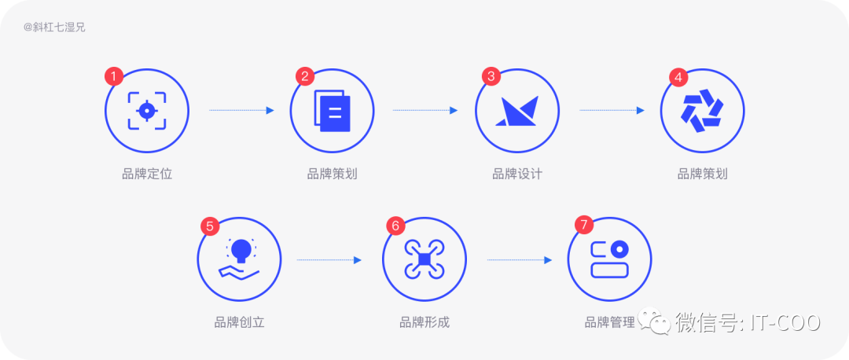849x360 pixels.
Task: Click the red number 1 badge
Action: point(115,76)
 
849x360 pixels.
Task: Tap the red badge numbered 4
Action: point(678,76)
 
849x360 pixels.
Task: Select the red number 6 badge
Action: point(395,226)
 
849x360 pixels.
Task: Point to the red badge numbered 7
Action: point(583,226)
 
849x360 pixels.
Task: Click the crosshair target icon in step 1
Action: point(147,110)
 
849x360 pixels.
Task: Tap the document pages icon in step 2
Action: point(332,110)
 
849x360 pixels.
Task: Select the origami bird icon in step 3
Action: point(517,111)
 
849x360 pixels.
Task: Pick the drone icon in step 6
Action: point(424,259)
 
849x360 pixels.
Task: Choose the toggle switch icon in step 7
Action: point(610,259)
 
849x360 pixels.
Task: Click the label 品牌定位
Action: point(147,174)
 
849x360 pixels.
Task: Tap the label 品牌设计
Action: point(517,174)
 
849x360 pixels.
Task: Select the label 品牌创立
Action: point(239,322)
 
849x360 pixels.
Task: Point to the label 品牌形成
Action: point(424,322)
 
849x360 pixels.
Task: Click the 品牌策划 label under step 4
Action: point(703,174)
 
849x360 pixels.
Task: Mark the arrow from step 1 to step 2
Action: point(241,110)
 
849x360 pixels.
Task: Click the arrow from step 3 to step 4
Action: point(612,110)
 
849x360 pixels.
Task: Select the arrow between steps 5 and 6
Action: point(329,259)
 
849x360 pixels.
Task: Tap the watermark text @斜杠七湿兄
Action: point(54,27)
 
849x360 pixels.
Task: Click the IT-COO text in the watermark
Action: point(785,322)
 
